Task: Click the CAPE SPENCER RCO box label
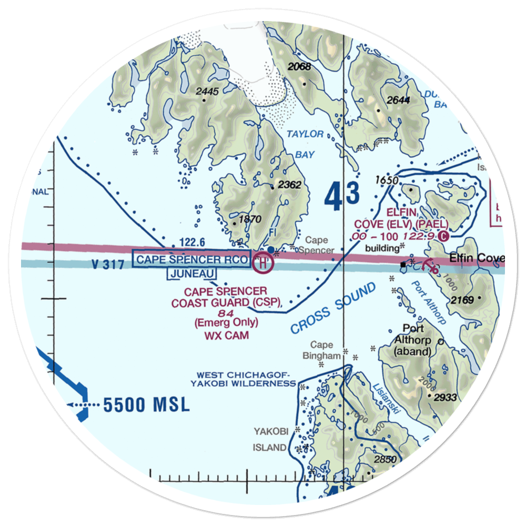point(191,260)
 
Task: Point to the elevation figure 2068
point(299,67)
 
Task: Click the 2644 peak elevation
point(398,100)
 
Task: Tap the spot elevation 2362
point(289,185)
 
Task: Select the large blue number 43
point(341,196)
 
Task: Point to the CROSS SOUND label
point(333,308)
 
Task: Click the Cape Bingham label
point(321,350)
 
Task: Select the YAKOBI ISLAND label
point(271,440)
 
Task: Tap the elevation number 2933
point(446,397)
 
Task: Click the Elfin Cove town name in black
point(477,258)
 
